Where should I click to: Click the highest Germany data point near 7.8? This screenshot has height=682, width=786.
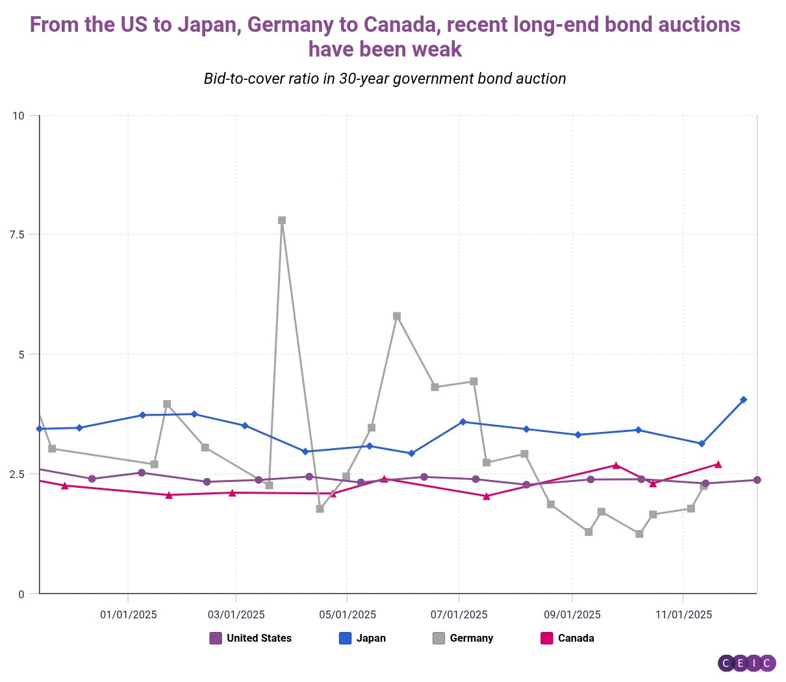[x=282, y=220]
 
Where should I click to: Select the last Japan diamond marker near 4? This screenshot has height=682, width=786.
[x=744, y=399]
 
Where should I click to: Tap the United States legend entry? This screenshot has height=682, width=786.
[x=251, y=638]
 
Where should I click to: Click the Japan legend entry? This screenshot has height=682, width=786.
[x=363, y=638]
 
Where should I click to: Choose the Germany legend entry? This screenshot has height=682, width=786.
[x=463, y=638]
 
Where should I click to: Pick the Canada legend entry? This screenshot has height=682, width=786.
[x=568, y=638]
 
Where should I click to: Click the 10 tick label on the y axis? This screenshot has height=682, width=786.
[x=18, y=116]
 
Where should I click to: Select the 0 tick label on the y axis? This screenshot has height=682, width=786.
[x=21, y=594]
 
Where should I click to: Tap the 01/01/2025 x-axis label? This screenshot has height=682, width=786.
[x=128, y=614]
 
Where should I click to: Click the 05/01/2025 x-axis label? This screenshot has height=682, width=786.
[x=348, y=614]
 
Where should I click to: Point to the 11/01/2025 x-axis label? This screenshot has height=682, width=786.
[x=683, y=614]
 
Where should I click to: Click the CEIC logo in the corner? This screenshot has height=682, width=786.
[x=746, y=663]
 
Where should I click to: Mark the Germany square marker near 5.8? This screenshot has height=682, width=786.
[x=397, y=316]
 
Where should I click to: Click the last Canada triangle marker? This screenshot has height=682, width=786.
[x=718, y=464]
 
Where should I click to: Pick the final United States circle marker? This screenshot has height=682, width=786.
[x=757, y=480]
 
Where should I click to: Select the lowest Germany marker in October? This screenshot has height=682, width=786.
[x=639, y=534]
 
